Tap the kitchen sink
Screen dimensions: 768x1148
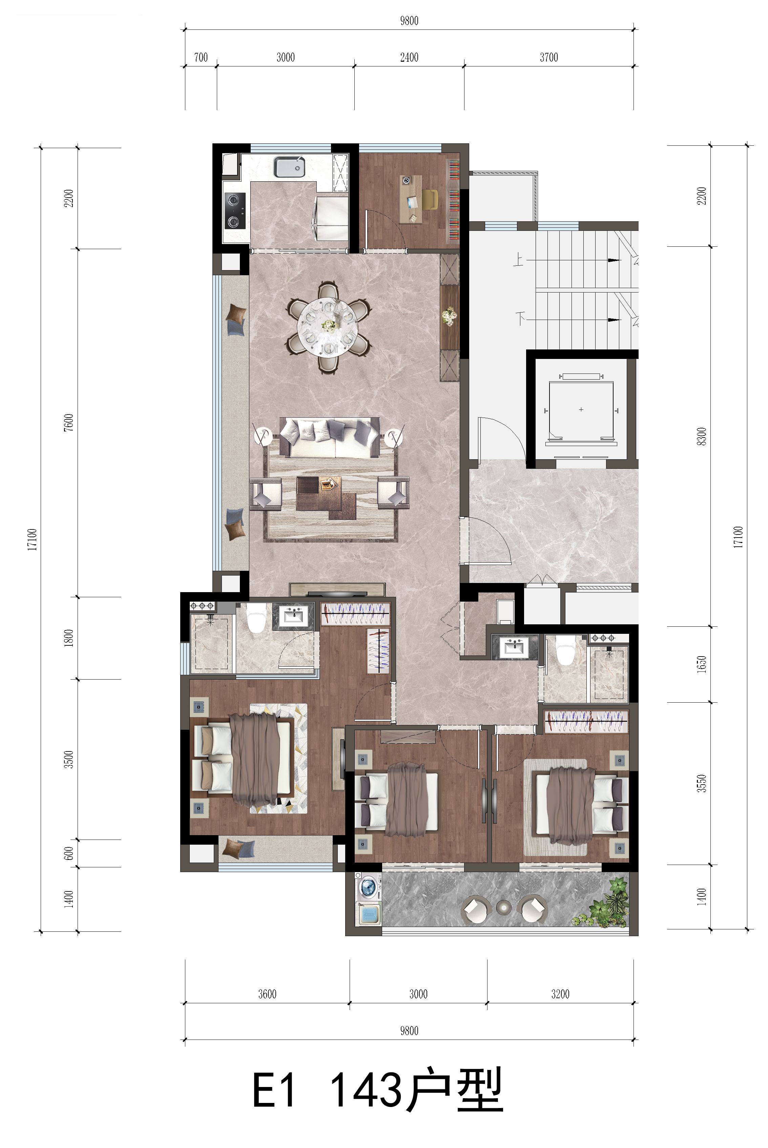click(289, 167)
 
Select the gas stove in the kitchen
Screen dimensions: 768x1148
click(235, 211)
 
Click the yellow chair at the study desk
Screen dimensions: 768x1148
click(430, 199)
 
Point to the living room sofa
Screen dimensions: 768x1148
click(330, 438)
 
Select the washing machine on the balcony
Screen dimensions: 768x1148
click(368, 886)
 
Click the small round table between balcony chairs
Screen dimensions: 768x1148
click(503, 907)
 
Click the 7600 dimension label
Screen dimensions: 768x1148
click(68, 422)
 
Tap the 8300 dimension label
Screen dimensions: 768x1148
click(702, 436)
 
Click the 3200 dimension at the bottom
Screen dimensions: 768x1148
click(560, 994)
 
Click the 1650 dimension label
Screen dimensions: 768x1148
click(702, 664)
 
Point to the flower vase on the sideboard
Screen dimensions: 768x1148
click(449, 316)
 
